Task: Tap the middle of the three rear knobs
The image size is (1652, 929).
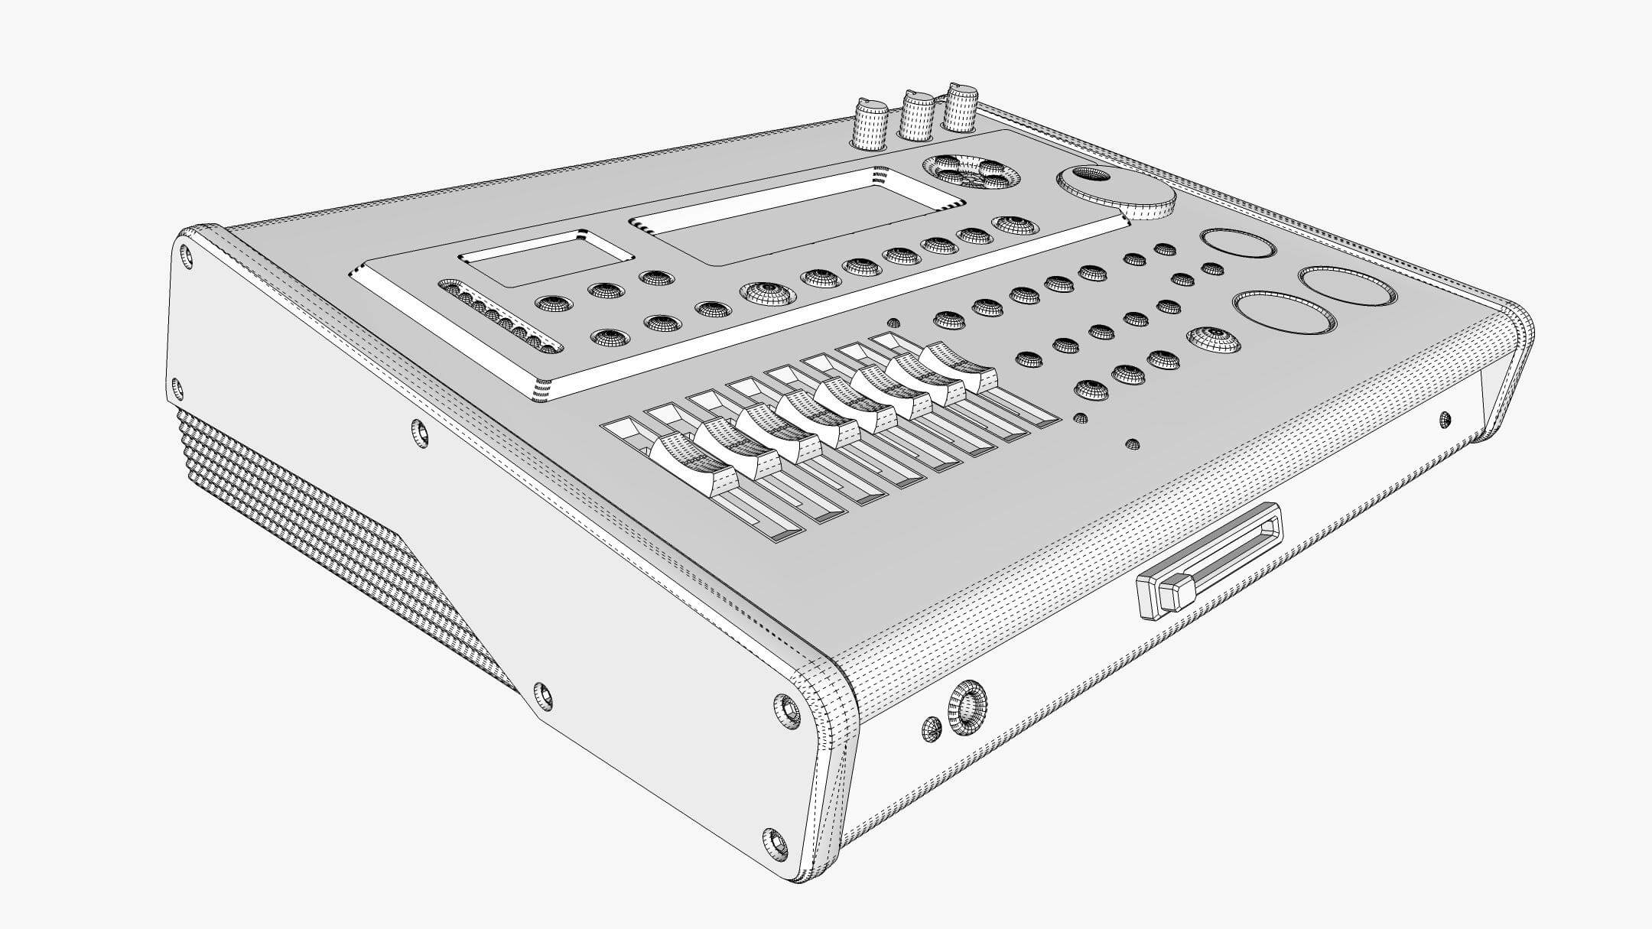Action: click(915, 117)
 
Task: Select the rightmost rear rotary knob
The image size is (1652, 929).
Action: click(960, 108)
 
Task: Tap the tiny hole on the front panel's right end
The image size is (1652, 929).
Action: click(1444, 417)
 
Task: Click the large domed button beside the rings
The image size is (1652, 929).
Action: click(1214, 339)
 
